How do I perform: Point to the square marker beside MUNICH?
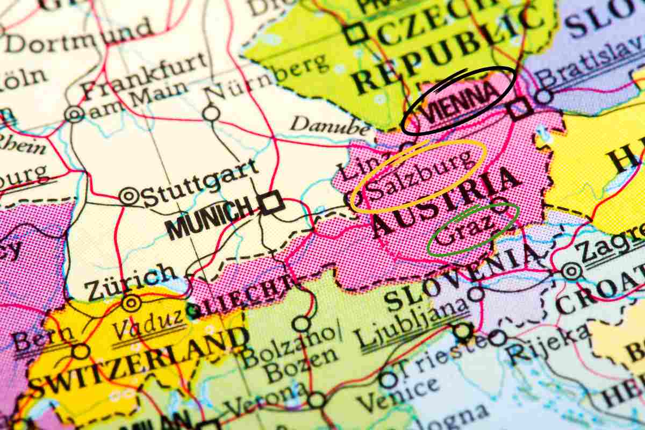(x=270, y=202)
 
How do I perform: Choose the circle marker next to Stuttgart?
(x=129, y=196)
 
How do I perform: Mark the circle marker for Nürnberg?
(x=211, y=113)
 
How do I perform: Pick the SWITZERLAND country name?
(x=138, y=360)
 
